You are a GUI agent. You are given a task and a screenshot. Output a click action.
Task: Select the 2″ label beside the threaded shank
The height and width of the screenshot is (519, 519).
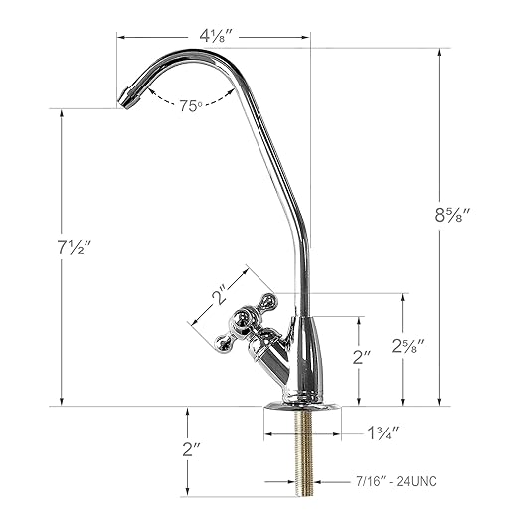coord(191,448)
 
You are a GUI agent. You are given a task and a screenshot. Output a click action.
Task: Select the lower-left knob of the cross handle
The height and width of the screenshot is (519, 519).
coord(223,342)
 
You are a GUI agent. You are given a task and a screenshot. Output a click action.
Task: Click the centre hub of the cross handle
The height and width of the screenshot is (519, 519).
coord(245,320)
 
